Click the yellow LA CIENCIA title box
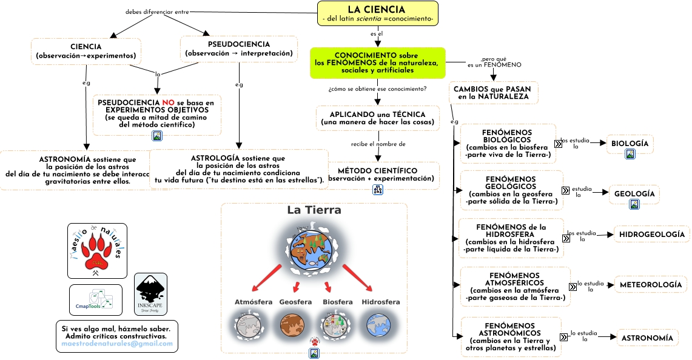377,13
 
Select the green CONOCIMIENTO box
377,63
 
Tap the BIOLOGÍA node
630,144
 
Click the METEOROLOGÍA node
650,284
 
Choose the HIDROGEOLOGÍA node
652,234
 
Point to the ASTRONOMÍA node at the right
647,338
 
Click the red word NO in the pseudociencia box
169,102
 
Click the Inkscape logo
150,294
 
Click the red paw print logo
97,250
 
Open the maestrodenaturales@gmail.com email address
117,344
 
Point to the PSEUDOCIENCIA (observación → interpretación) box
238,49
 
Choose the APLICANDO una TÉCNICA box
377,118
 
